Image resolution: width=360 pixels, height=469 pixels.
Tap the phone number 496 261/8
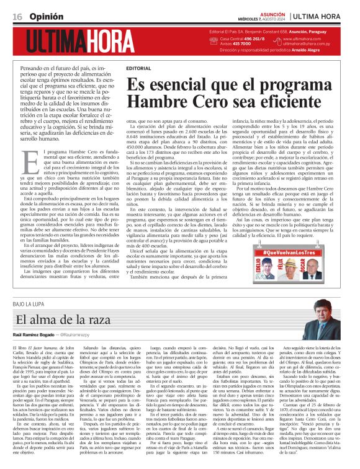[251, 38]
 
